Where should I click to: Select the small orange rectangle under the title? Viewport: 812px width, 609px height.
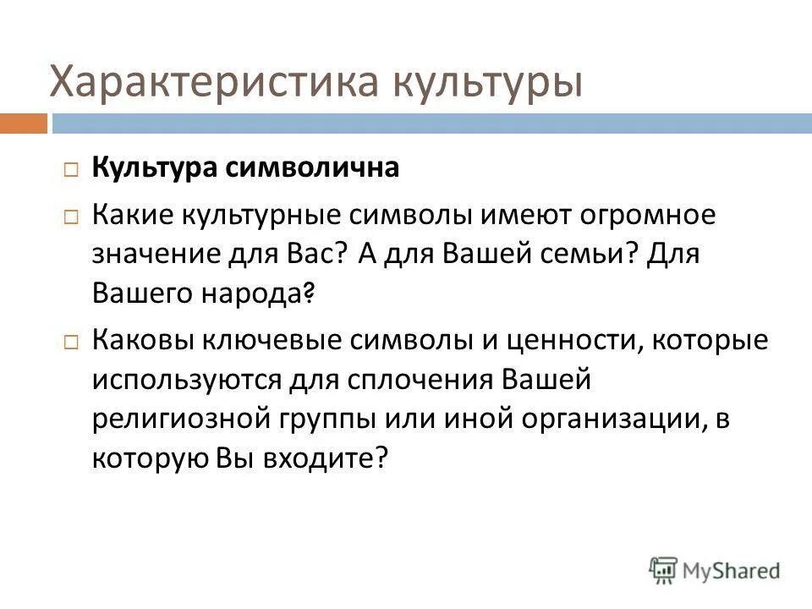coord(23,124)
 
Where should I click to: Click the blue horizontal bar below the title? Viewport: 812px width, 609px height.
coord(431,124)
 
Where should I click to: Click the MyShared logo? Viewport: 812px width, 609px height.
coord(715,570)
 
